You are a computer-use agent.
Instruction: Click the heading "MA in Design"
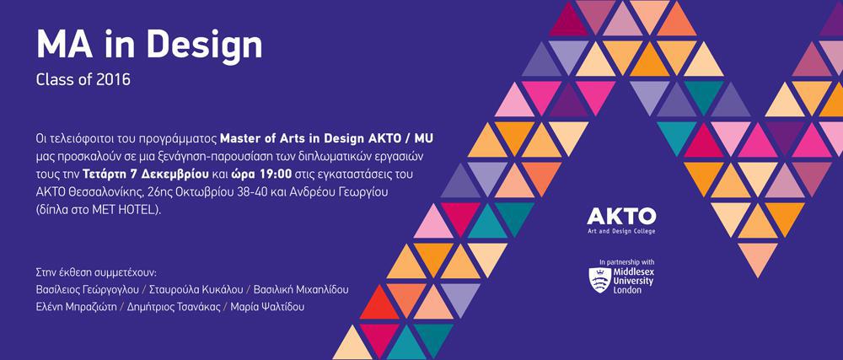[x=149, y=46]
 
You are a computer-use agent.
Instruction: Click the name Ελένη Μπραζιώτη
[x=77, y=308]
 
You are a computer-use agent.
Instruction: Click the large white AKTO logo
[x=621, y=216]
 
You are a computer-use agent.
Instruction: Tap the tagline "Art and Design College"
[x=621, y=231]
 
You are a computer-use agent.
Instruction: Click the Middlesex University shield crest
[x=599, y=280]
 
